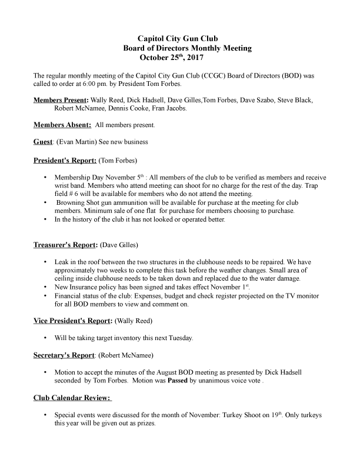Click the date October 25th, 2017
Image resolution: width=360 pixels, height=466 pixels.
172,58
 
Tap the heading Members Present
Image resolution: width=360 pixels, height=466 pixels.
61,100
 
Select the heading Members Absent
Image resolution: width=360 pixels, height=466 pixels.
62,125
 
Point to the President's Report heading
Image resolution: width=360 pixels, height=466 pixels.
65,159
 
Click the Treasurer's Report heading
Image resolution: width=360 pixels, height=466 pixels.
65,244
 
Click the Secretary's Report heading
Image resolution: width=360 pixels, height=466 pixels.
64,355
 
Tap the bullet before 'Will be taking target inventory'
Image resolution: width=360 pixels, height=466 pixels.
46,338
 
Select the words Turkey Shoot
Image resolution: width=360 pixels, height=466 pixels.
242,415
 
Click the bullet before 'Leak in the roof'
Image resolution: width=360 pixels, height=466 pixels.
46,261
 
